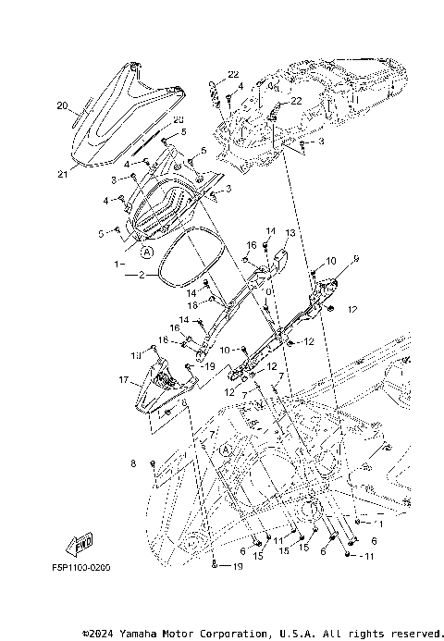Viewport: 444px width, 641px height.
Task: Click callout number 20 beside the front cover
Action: (x=62, y=106)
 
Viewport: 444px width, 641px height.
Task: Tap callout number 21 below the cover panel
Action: (x=63, y=175)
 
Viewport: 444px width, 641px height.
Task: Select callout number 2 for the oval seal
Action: (x=142, y=276)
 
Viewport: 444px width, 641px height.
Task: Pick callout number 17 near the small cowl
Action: (x=122, y=379)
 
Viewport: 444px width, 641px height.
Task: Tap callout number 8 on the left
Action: (x=133, y=462)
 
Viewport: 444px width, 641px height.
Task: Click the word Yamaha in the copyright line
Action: (x=136, y=634)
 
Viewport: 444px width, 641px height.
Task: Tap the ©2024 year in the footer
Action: (x=97, y=634)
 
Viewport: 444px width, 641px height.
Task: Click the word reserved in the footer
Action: (x=407, y=634)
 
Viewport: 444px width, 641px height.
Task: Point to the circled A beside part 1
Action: (x=147, y=250)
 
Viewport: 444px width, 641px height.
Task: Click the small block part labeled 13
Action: (x=275, y=253)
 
